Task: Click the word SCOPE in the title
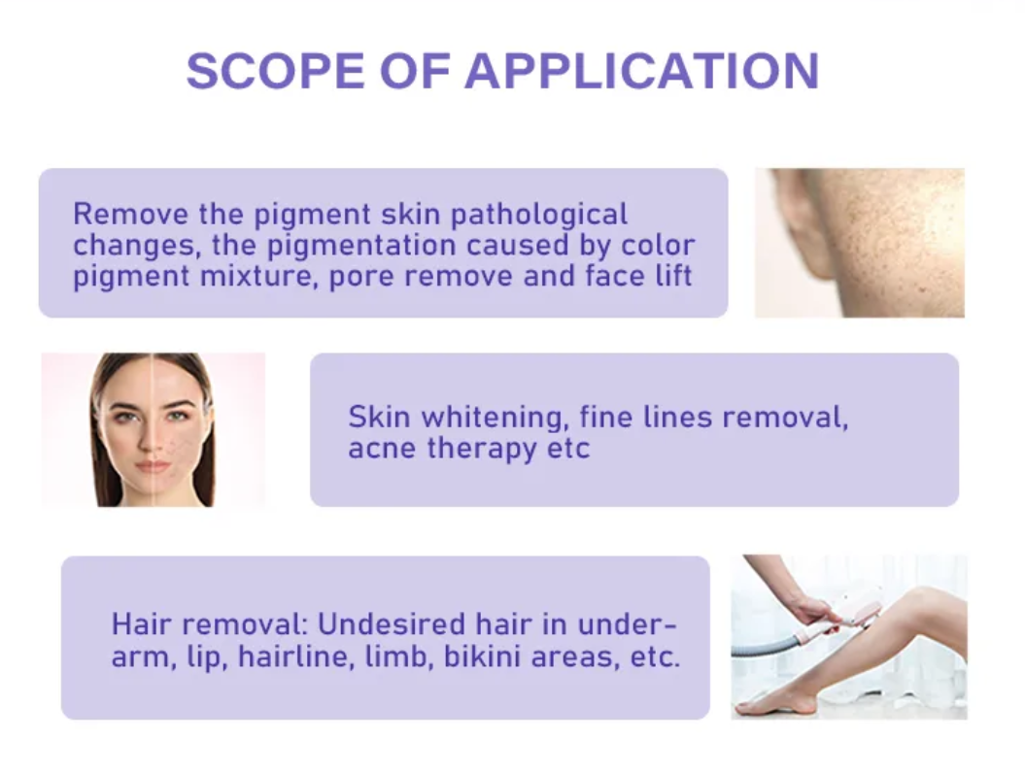(x=275, y=71)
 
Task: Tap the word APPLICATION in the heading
(x=642, y=71)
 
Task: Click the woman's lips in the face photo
(x=153, y=466)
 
